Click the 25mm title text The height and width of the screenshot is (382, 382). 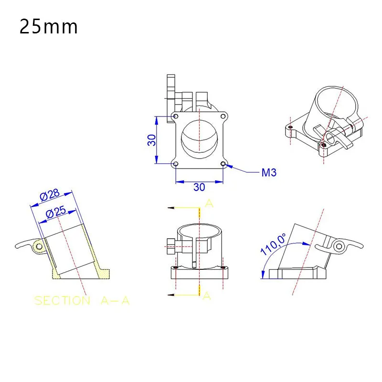49,27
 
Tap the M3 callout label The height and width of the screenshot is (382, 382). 269,172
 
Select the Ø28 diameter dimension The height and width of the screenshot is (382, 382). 50,195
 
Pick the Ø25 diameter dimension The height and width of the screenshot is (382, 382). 56,212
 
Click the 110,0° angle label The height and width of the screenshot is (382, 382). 273,244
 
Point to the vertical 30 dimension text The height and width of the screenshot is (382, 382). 151,140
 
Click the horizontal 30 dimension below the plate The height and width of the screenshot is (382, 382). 199,187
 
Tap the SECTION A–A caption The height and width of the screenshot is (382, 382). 82,301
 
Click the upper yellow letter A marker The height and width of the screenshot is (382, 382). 209,203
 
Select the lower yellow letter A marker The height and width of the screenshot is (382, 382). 206,296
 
